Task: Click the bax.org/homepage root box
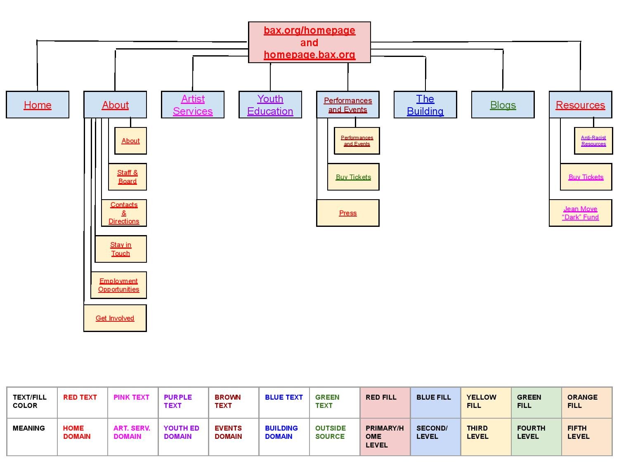coord(309,42)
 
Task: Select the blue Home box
coord(38,105)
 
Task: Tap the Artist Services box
coord(193,105)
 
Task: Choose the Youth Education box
coord(270,105)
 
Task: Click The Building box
coord(425,105)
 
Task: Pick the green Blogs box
coord(503,105)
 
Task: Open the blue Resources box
coord(580,105)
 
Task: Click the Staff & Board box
coord(128,177)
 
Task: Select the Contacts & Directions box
coord(124,213)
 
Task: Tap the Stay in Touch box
coord(120,249)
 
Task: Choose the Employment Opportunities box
coord(118,285)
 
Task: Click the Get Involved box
coord(115,318)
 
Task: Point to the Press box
coord(347,213)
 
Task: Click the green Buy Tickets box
coord(353,177)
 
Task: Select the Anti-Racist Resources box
coord(593,141)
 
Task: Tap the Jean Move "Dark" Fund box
coord(580,213)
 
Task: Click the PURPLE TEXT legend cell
coord(183,403)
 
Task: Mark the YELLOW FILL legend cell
coord(486,403)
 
